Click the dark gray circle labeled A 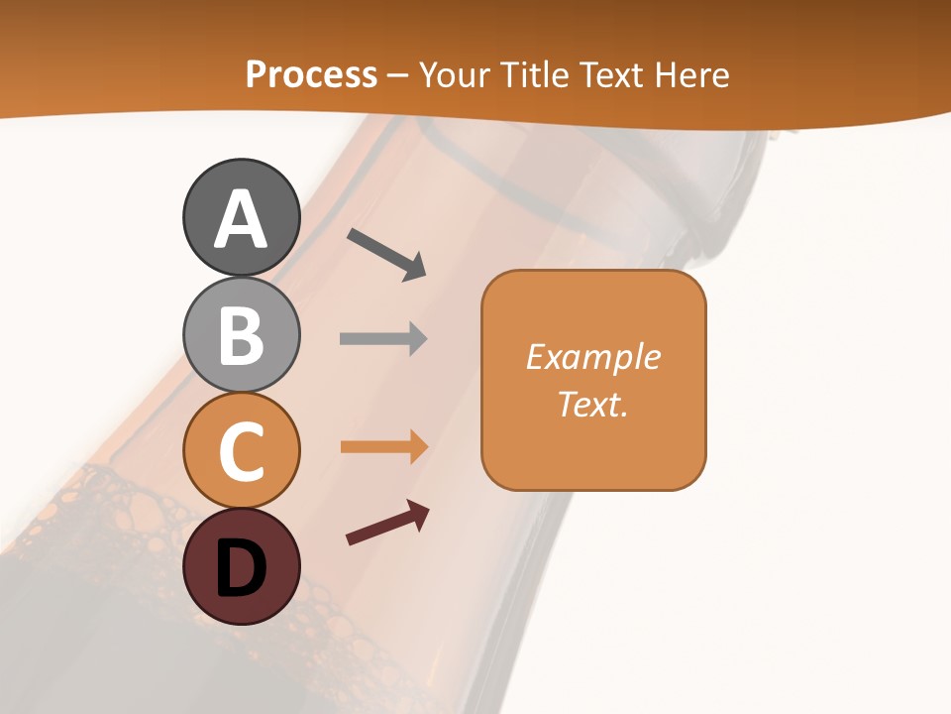pyautogui.click(x=241, y=217)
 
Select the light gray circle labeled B pyautogui.click(x=241, y=334)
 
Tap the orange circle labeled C pyautogui.click(x=241, y=450)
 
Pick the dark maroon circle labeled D pyautogui.click(x=241, y=566)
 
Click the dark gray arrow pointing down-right pyautogui.click(x=386, y=254)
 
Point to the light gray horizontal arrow pyautogui.click(x=383, y=339)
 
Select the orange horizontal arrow pyautogui.click(x=383, y=447)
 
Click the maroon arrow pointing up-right pyautogui.click(x=387, y=523)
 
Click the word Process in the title pyautogui.click(x=311, y=75)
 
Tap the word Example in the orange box pyautogui.click(x=592, y=357)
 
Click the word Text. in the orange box pyautogui.click(x=592, y=404)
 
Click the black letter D pyautogui.click(x=241, y=568)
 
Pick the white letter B pyautogui.click(x=241, y=335)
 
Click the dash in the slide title pyautogui.click(x=398, y=76)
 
